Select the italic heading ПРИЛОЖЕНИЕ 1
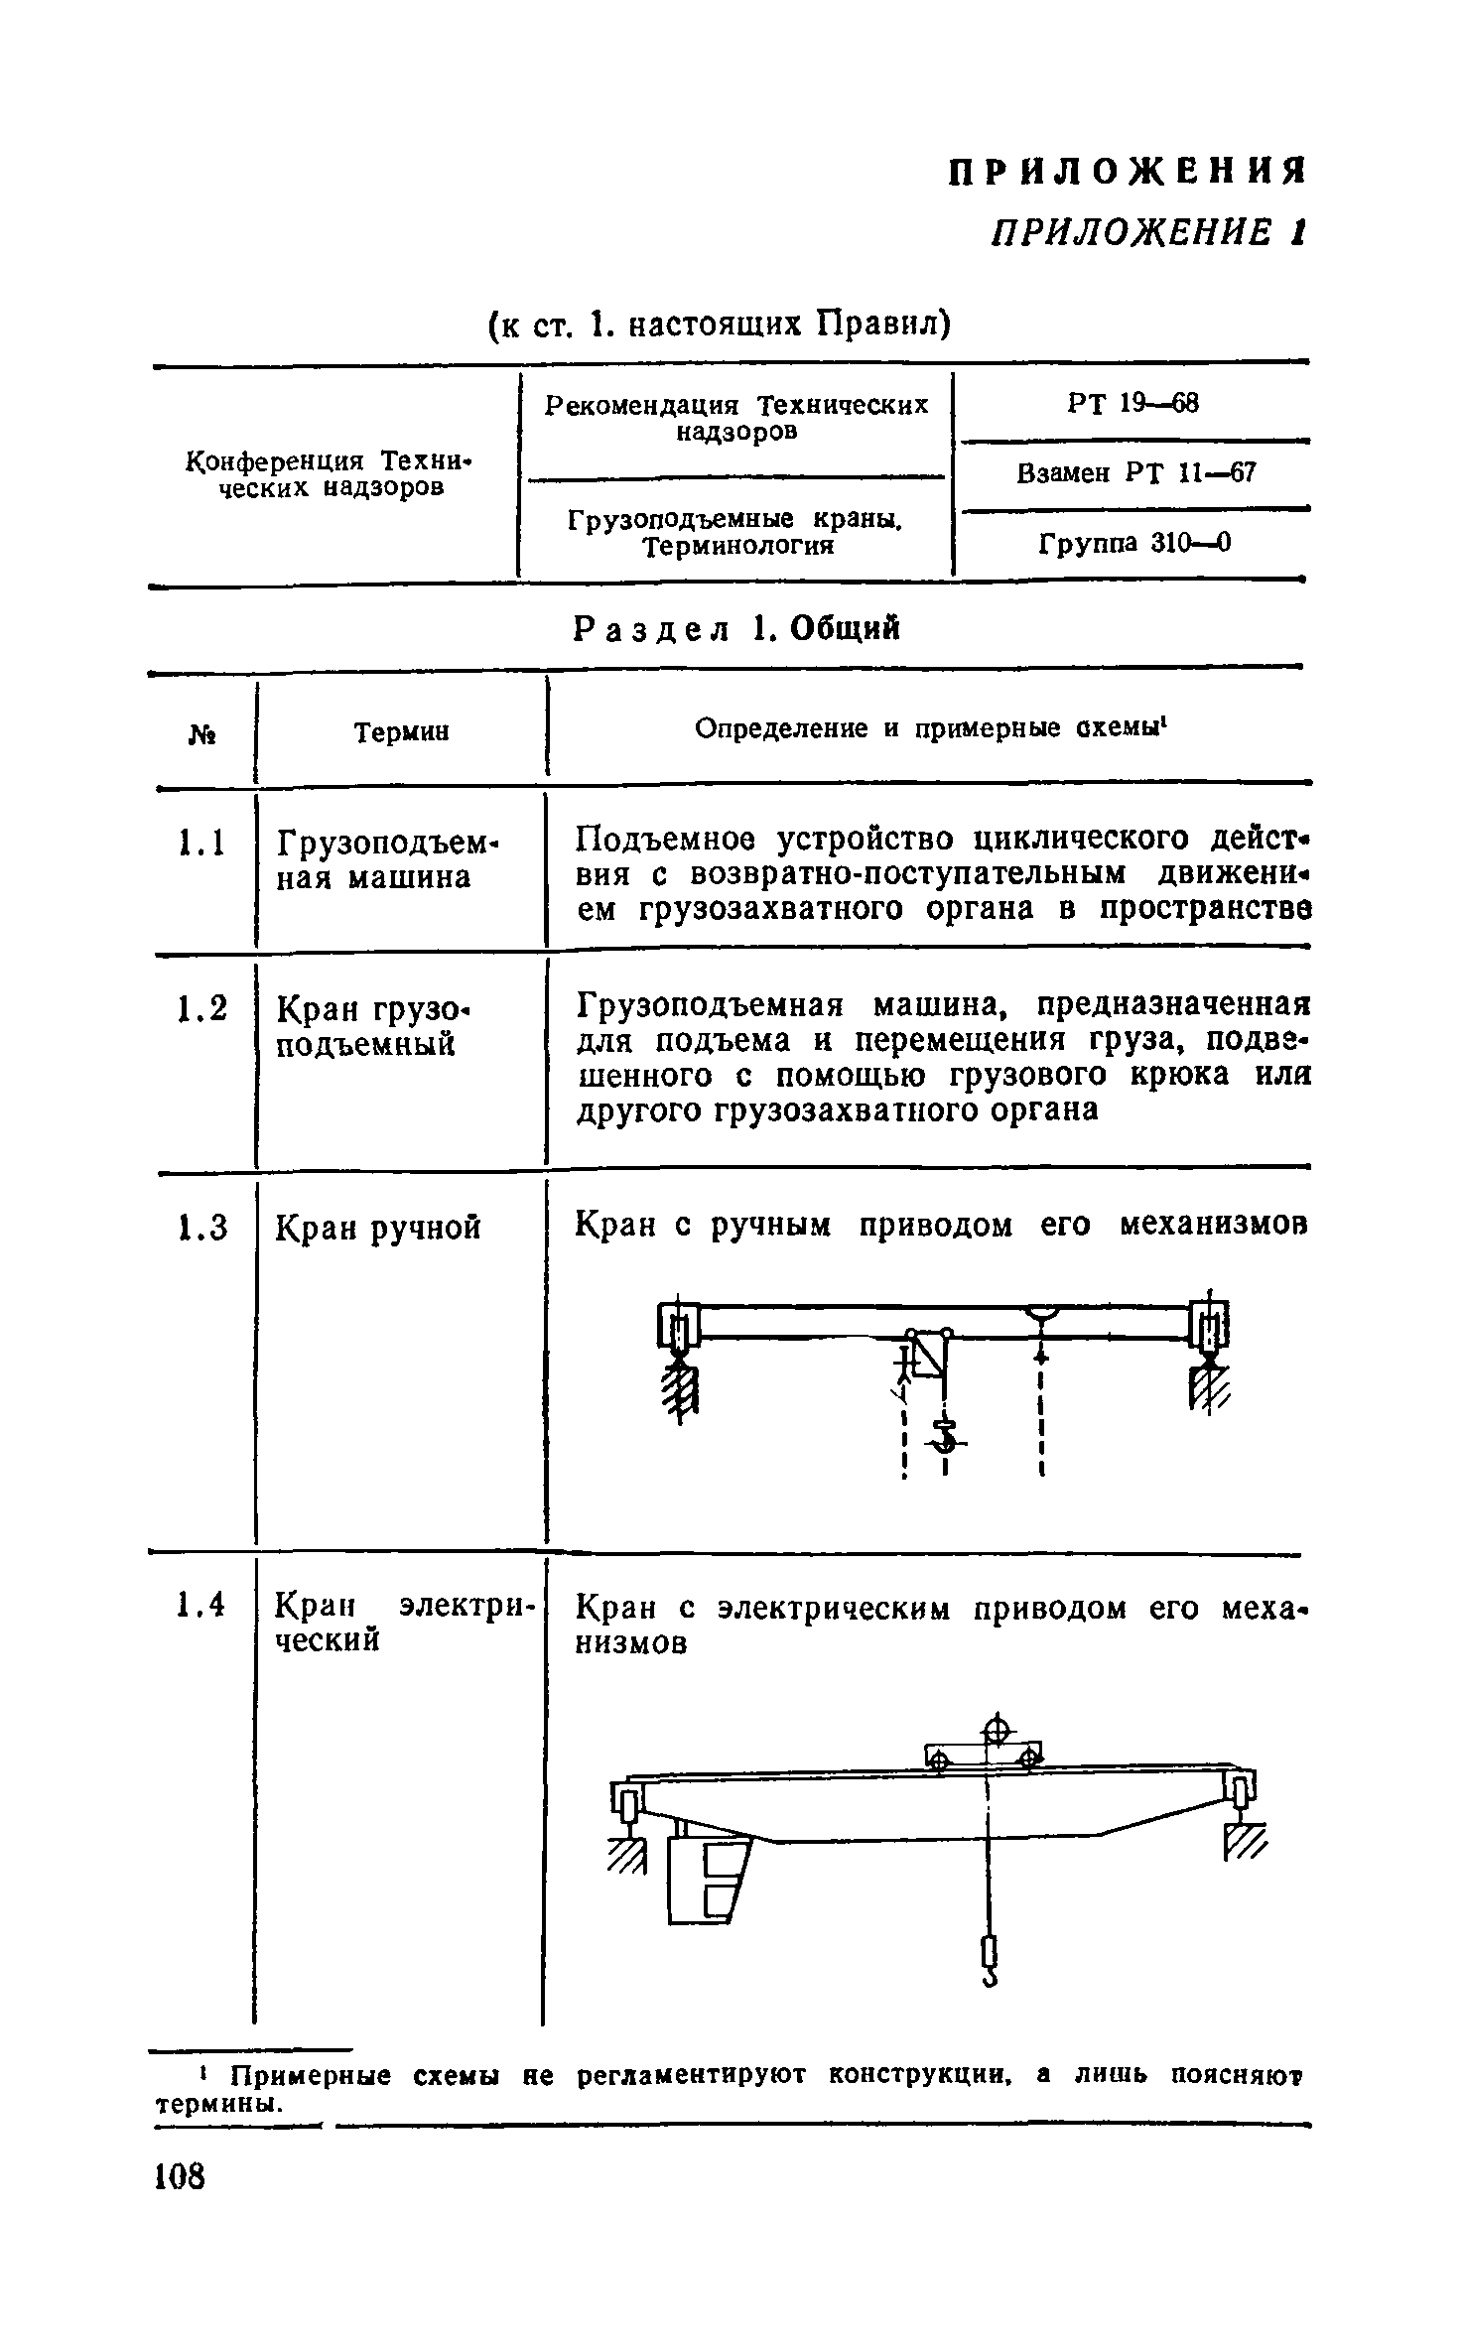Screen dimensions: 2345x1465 [x=1147, y=234]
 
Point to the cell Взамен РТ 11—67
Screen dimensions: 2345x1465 [x=1135, y=473]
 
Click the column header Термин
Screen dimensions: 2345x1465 [x=401, y=731]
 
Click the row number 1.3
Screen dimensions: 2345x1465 [x=201, y=1228]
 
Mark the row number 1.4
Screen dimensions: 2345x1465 [x=201, y=1603]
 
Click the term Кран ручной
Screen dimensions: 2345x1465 [x=377, y=1228]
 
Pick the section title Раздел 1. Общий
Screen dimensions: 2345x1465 [x=737, y=628]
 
